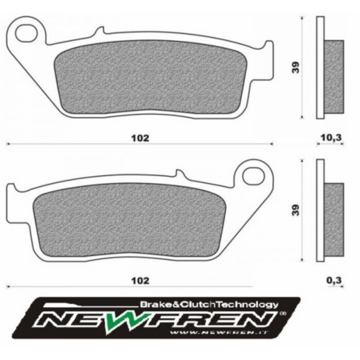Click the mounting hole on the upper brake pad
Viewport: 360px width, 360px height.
24,33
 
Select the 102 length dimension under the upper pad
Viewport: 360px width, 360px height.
140,138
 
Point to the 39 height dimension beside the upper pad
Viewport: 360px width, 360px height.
295,68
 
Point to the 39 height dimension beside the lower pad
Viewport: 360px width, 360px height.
295,210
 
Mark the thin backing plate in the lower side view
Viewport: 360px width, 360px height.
320,211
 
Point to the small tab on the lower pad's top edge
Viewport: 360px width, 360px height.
178,175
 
